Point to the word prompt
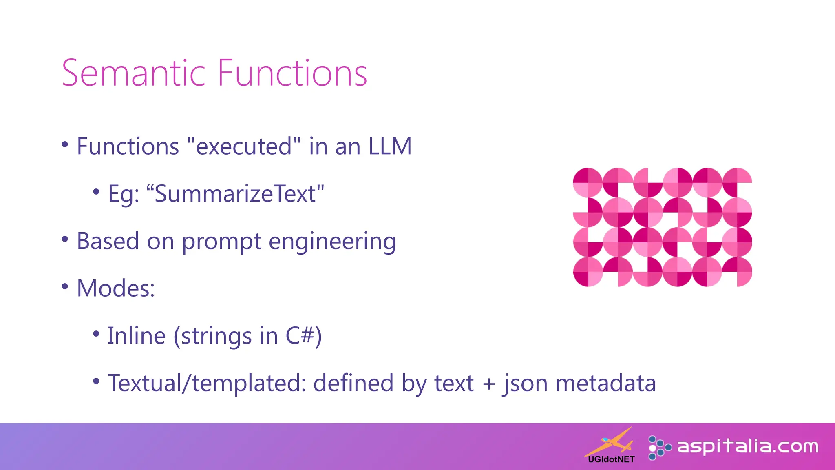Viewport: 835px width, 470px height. (x=221, y=242)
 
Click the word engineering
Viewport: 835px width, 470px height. (x=332, y=242)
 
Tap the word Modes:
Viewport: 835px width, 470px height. (x=116, y=288)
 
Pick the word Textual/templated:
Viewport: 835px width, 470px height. (x=207, y=384)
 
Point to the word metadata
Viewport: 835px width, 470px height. (x=605, y=384)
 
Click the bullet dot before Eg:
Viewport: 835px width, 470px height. (x=96, y=192)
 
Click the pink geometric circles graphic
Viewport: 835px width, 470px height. (x=662, y=227)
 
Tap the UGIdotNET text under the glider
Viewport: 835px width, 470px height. (x=611, y=459)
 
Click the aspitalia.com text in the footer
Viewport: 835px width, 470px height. (x=747, y=447)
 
